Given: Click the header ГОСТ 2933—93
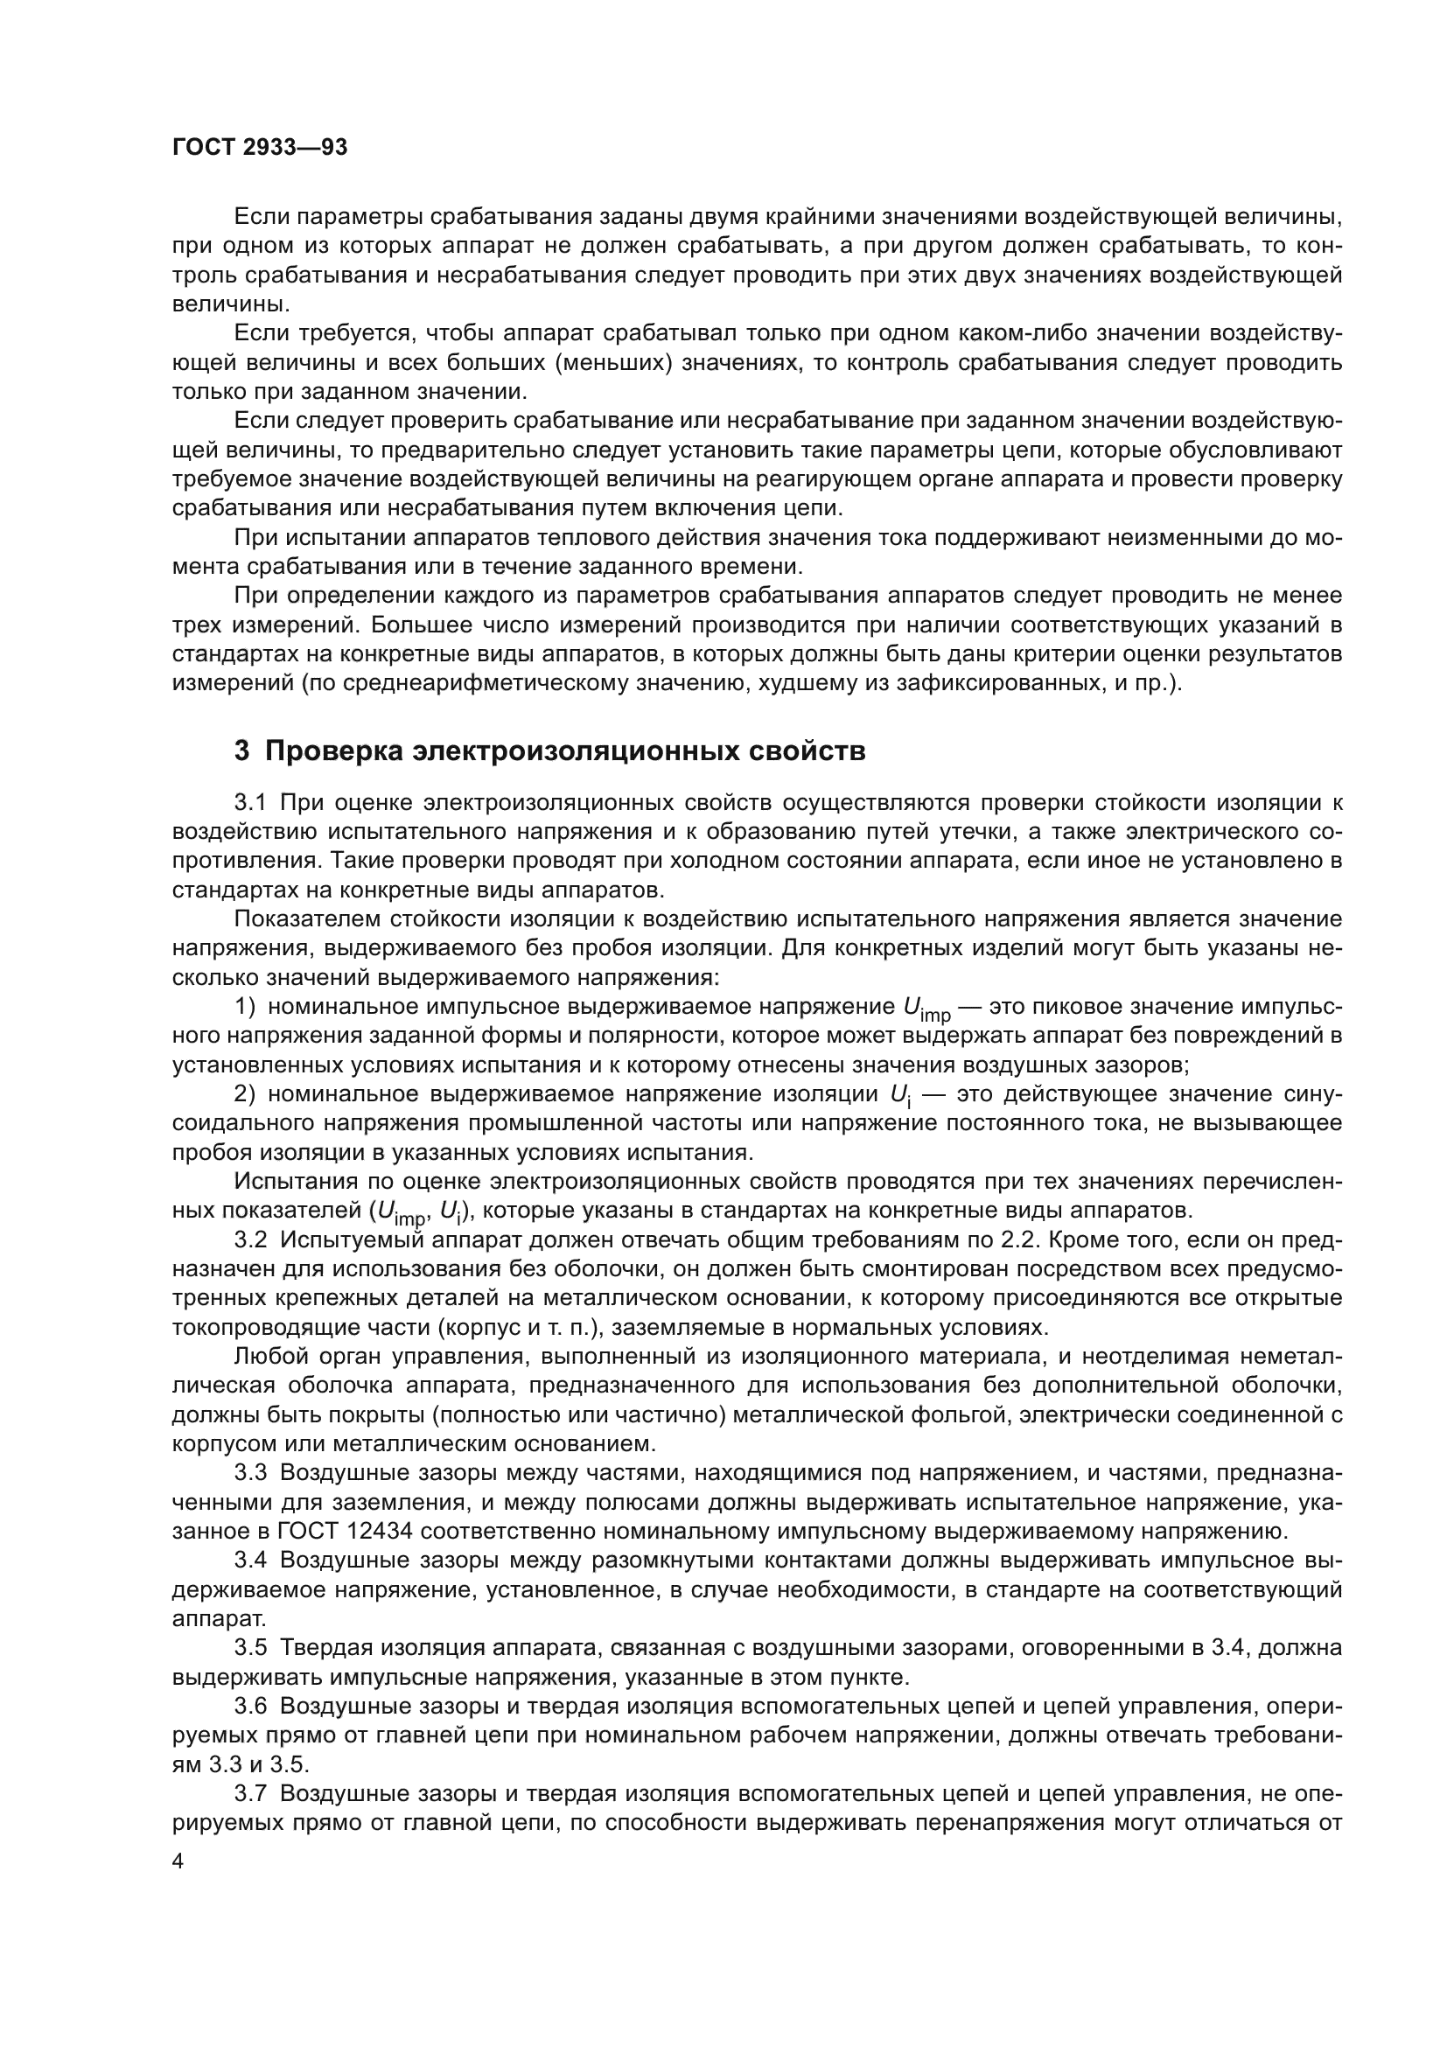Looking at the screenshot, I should click(259, 148).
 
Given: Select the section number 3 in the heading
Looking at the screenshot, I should click(241, 751).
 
